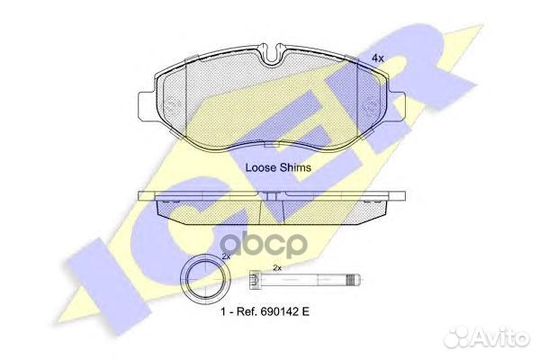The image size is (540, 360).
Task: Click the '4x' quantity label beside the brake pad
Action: [378, 58]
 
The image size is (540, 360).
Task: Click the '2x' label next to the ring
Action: [227, 257]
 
